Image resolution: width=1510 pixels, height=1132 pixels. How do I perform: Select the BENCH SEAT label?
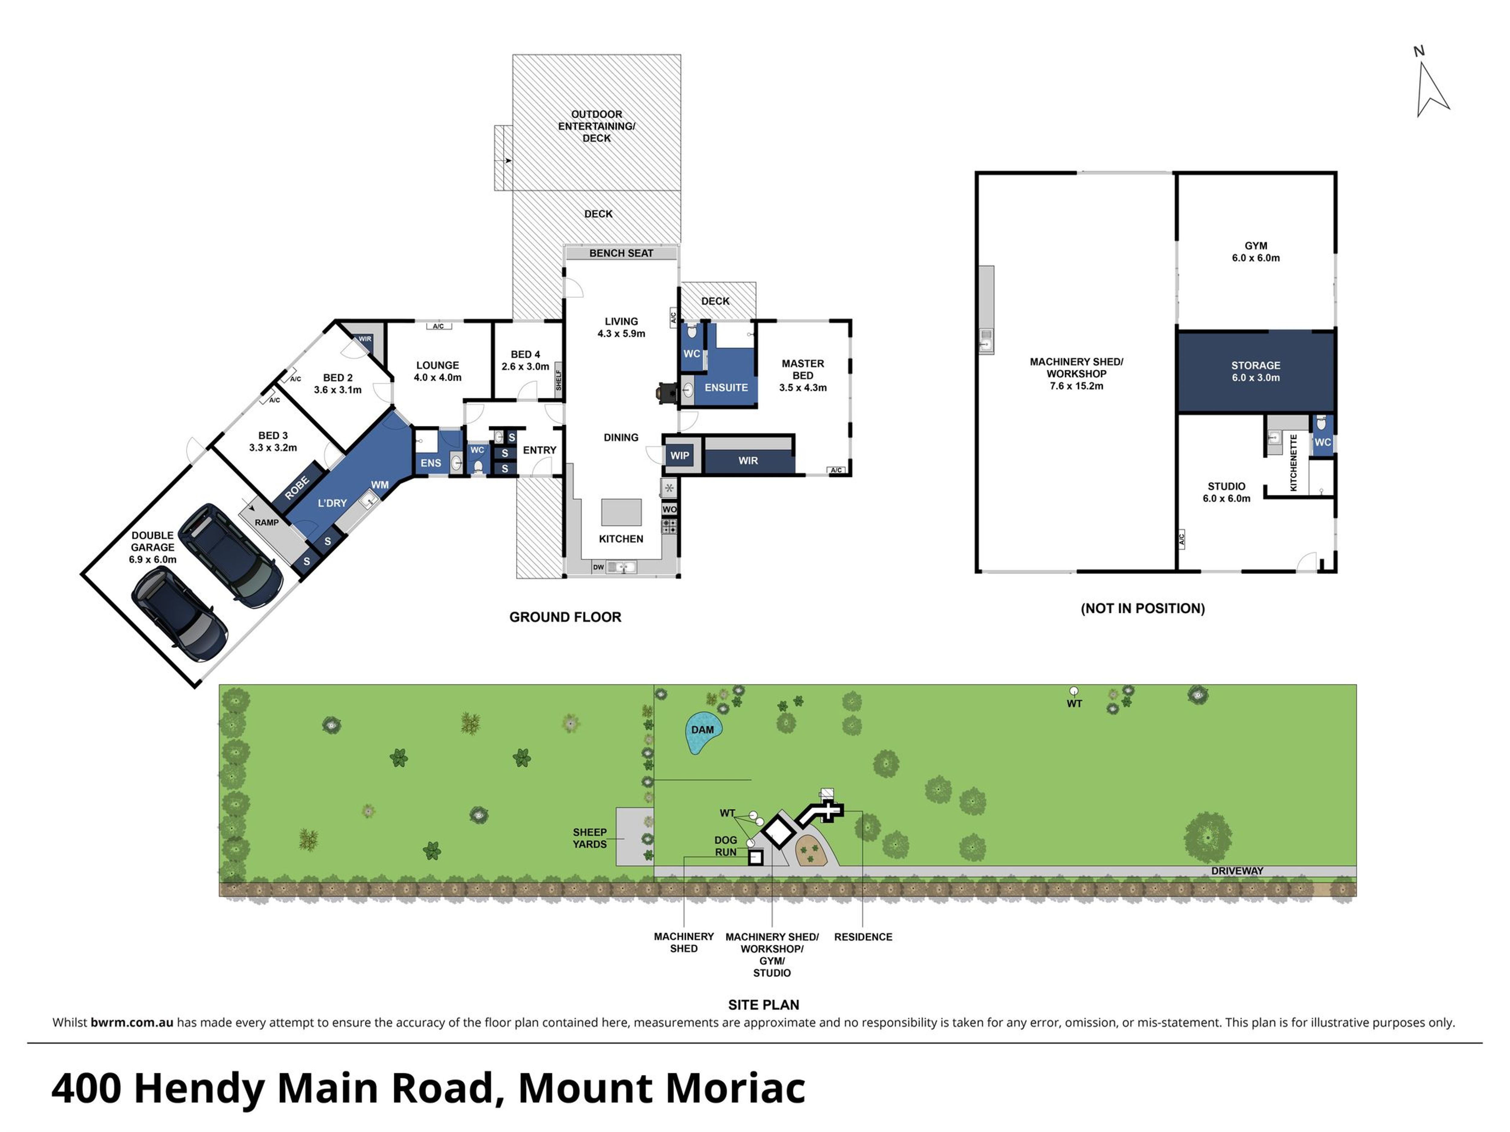[621, 253]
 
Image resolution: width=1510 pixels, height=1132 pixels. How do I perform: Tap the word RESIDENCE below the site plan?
[863, 937]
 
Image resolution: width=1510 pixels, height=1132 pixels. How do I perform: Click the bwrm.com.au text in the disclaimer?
[132, 1022]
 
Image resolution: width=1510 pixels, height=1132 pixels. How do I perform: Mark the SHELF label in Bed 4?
[559, 380]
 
